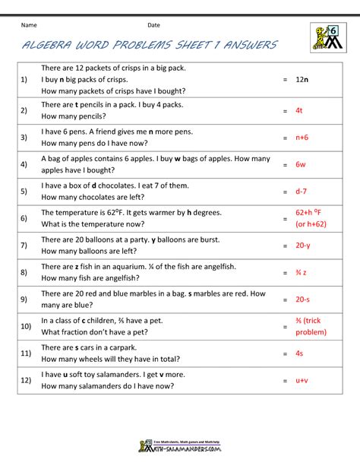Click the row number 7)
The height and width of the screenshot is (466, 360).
(x=24, y=246)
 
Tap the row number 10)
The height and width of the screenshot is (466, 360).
(x=25, y=326)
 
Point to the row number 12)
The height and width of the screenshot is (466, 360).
(x=25, y=381)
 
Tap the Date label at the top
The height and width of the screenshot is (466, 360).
(x=153, y=24)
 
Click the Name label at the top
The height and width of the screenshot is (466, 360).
(x=30, y=24)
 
